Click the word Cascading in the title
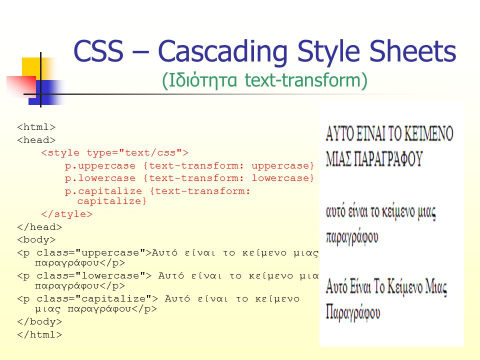[223, 52]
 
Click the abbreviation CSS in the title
[98, 50]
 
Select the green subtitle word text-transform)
[306, 80]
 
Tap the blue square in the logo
[45, 92]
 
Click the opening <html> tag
[36, 127]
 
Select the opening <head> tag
[36, 140]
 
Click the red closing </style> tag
[66, 214]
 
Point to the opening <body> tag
[36, 239]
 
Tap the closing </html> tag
[39, 334]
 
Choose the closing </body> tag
[39, 321]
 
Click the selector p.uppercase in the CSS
[100, 166]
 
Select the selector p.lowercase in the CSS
[100, 178]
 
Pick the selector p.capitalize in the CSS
[103, 191]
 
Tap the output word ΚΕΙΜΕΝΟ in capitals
[428, 133]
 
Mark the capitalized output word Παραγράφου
[353, 312]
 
